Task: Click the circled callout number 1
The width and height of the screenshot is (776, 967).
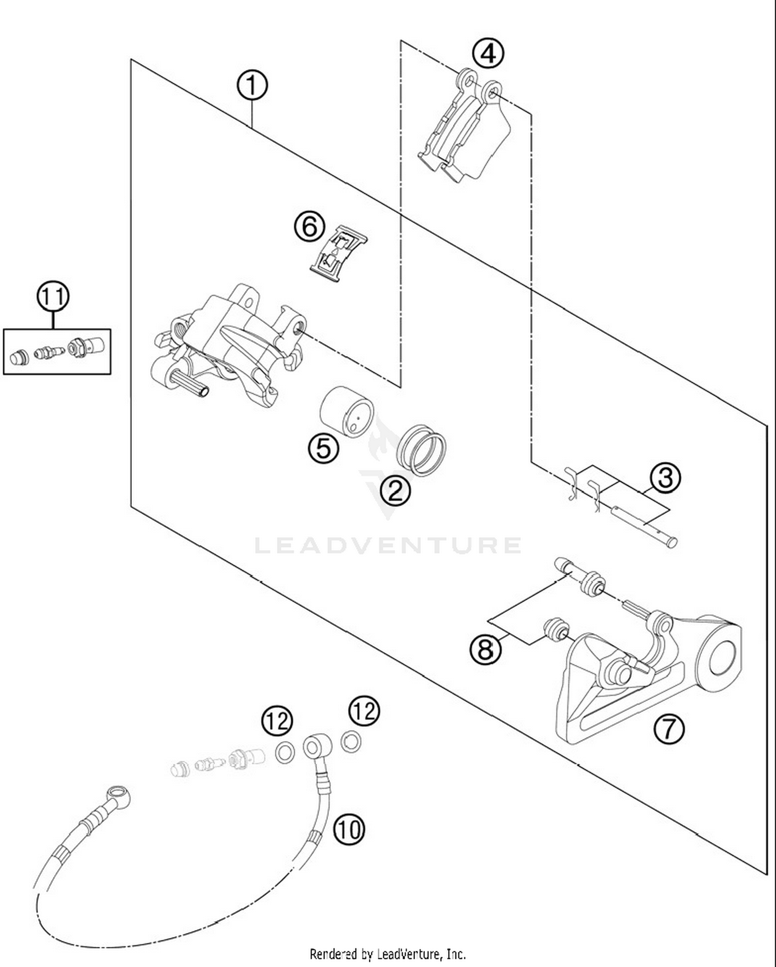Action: pos(252,86)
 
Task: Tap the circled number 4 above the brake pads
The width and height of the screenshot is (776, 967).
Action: pos(488,54)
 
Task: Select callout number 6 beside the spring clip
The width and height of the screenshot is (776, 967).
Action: pos(309,227)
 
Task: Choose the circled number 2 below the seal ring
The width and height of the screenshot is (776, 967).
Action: pos(395,490)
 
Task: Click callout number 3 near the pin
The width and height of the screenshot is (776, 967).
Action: pos(665,478)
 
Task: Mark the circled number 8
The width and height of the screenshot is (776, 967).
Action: pos(485,648)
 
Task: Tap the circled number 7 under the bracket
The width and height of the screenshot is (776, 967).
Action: pos(669,729)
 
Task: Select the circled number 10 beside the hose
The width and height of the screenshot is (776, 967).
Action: pos(349,829)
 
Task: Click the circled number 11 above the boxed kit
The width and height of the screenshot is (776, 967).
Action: pos(53,297)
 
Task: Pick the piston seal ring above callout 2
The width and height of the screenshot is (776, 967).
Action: pos(421,450)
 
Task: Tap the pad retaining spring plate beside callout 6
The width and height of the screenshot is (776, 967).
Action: pos(338,254)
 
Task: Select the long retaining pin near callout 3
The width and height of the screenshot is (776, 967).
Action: pos(644,526)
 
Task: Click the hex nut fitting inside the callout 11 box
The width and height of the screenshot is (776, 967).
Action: pos(76,349)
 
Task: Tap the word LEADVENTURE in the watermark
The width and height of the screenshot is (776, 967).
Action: pos(388,545)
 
